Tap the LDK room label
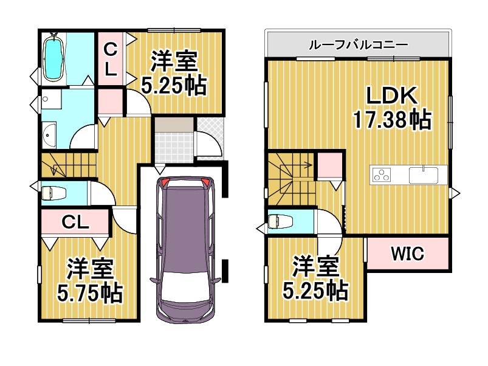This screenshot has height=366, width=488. pyautogui.click(x=391, y=96)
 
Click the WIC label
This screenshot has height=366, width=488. pyautogui.click(x=407, y=254)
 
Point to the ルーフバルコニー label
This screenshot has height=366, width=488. pyautogui.click(x=358, y=44)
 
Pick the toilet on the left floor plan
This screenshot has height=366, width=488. pyautogui.click(x=53, y=193)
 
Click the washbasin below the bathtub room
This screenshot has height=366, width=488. pyautogui.click(x=49, y=134)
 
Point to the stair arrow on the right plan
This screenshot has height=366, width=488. pyautogui.click(x=304, y=164)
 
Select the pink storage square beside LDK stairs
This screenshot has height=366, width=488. pyautogui.click(x=329, y=164)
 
